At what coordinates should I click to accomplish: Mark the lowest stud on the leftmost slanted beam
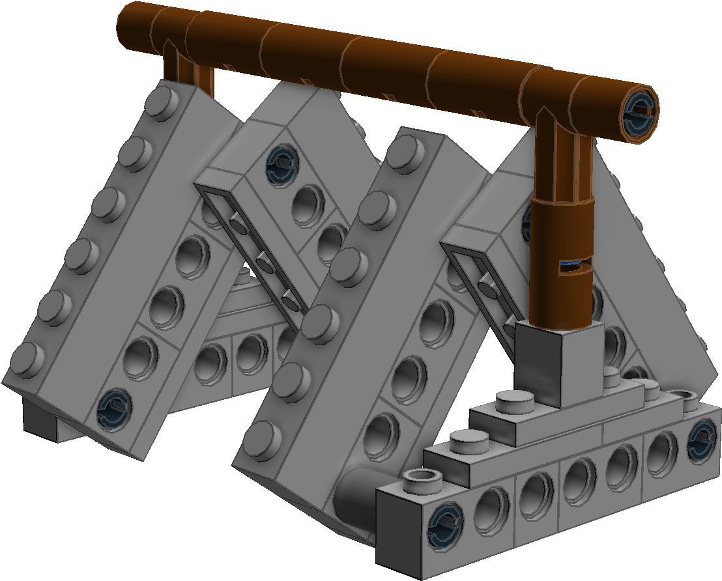pos(27,358)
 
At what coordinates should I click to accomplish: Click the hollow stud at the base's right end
pos(688,398)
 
